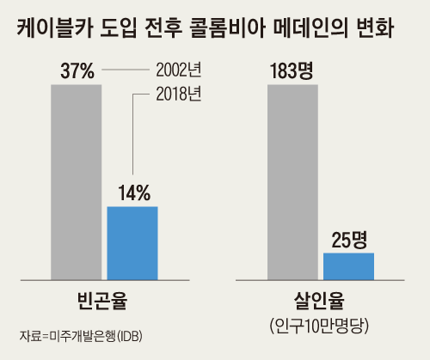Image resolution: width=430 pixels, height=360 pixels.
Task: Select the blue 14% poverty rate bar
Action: pos(132,243)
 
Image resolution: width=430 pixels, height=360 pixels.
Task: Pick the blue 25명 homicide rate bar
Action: pos(348,265)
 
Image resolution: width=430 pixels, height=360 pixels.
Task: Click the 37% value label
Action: pos(77,72)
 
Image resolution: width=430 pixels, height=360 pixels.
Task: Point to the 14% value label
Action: pos(132,192)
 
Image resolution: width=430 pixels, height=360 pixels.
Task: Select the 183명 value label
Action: pos(293,72)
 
